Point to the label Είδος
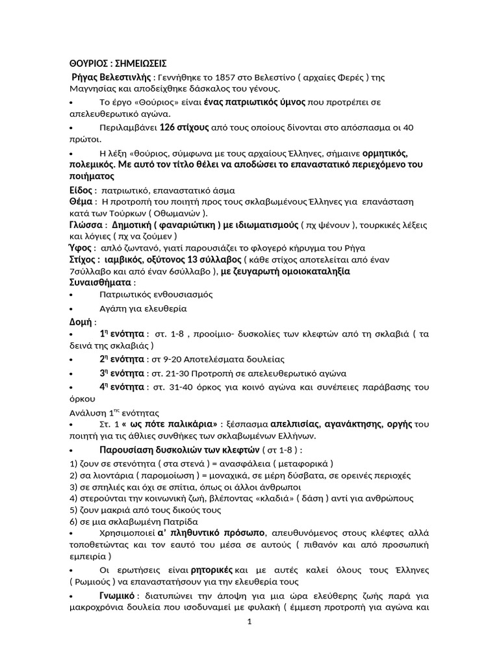(81, 190)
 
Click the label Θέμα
(82, 202)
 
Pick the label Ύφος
(81, 247)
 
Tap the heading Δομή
(81, 321)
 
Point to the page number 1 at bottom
(249, 621)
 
